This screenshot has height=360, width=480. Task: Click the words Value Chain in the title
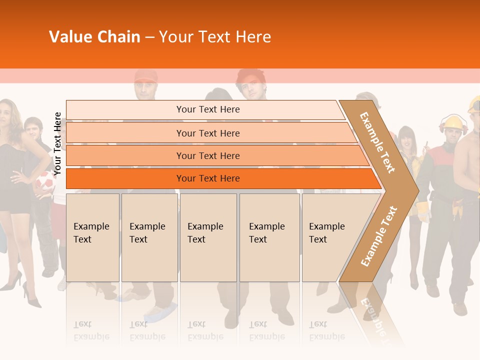tap(94, 37)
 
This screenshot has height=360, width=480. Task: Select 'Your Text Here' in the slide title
tap(215, 37)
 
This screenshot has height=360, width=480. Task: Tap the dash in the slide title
tap(149, 37)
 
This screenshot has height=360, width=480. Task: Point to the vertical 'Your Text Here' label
tap(57, 144)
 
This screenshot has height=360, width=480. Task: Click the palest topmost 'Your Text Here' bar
tap(207, 109)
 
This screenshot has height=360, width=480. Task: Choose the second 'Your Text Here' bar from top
tap(207, 133)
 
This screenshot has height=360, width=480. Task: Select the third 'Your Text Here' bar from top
tap(207, 155)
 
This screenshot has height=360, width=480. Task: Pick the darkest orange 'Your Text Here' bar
tap(207, 178)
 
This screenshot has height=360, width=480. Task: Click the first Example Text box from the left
tap(92, 237)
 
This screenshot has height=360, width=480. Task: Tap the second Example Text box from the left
tap(149, 237)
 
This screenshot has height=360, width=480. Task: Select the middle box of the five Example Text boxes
tap(208, 237)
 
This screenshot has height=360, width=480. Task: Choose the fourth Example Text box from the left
tap(269, 237)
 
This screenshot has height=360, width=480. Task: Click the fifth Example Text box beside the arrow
tap(330, 237)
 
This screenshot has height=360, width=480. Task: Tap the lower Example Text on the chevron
tap(378, 236)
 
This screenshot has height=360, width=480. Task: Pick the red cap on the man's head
tap(145, 76)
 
